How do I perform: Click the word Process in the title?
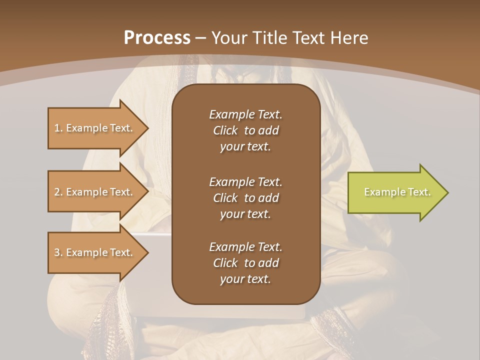(157, 38)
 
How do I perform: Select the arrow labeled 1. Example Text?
(95, 128)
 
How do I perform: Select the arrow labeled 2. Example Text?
(95, 192)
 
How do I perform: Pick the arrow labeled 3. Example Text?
(95, 252)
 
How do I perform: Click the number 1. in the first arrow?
(58, 128)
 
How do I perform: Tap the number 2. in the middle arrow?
(58, 192)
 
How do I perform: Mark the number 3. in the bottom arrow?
(58, 252)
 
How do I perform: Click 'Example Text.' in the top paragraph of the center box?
(245, 114)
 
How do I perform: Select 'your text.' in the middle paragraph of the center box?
(245, 214)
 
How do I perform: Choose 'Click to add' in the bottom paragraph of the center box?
(245, 263)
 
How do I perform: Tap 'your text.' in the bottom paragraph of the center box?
(245, 279)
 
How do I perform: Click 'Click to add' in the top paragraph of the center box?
(245, 130)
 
